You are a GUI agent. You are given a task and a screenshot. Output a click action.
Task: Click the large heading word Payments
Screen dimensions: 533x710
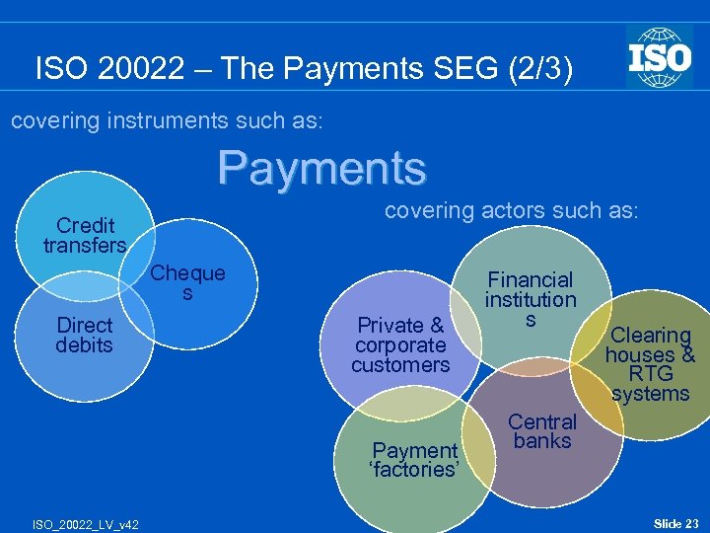[x=322, y=167]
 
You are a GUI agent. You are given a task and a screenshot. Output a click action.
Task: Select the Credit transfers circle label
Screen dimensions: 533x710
[x=85, y=235]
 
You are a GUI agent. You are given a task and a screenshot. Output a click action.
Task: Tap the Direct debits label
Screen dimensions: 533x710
[x=85, y=335]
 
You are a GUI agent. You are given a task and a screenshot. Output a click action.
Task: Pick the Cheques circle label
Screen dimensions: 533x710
[x=187, y=282]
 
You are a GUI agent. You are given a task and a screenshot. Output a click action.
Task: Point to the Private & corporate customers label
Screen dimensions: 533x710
[x=400, y=344]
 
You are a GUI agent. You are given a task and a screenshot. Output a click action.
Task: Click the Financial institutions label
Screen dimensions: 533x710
[x=530, y=299]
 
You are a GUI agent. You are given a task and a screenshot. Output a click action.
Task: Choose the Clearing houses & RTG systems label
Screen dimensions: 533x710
[x=650, y=364]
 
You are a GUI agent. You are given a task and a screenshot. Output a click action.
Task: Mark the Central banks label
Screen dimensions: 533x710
[x=542, y=430]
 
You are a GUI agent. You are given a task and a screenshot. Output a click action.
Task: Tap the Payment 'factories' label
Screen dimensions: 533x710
[x=414, y=460]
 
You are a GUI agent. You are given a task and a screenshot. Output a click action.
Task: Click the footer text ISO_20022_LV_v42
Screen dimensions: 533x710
[x=86, y=523]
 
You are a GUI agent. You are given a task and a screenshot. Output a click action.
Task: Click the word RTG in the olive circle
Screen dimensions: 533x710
[x=650, y=374]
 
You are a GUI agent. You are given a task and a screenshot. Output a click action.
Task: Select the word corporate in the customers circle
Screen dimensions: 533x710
[x=400, y=344]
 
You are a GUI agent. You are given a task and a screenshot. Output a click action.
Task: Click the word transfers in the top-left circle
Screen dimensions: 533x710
[x=85, y=245]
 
